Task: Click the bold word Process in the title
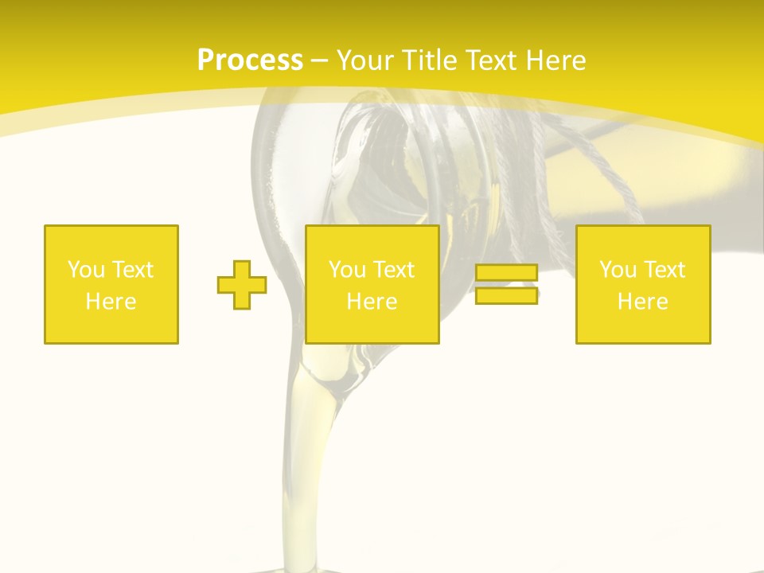click(x=250, y=60)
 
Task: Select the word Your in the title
click(x=363, y=60)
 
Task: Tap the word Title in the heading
click(x=428, y=60)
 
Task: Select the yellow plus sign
click(x=242, y=285)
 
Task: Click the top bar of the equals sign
click(x=506, y=273)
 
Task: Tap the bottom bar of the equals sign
click(x=506, y=295)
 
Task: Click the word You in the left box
click(x=85, y=270)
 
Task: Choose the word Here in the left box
click(x=111, y=302)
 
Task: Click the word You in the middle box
click(x=346, y=270)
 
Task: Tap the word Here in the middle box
click(x=372, y=302)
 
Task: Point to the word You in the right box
click(x=617, y=270)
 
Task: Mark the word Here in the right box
click(x=643, y=302)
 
